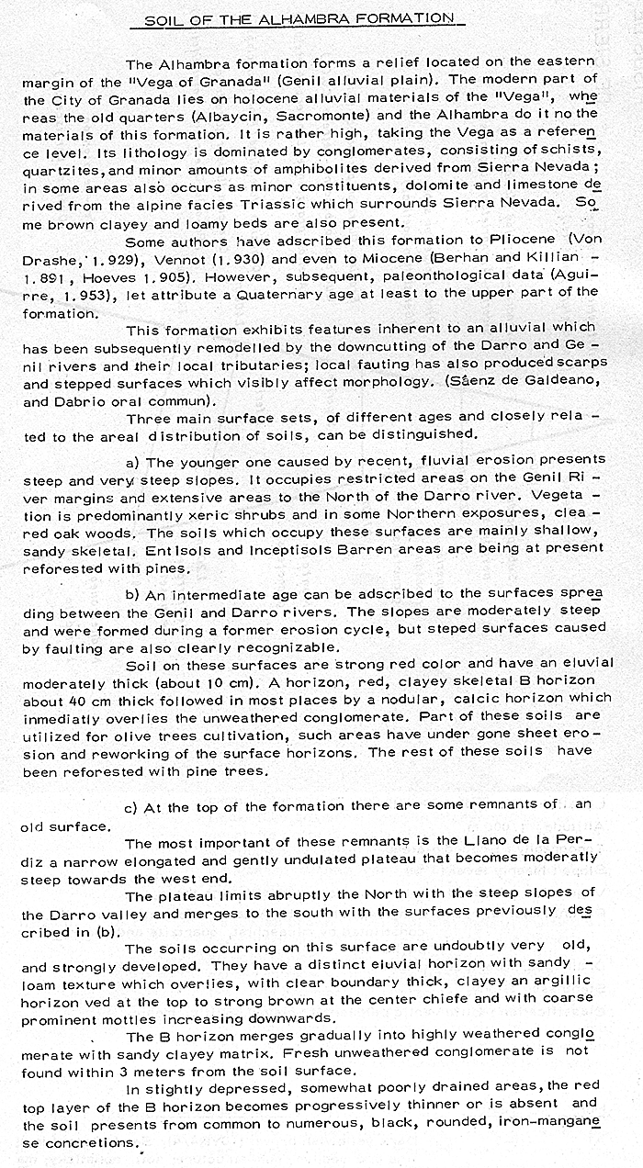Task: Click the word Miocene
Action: (x=410, y=260)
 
